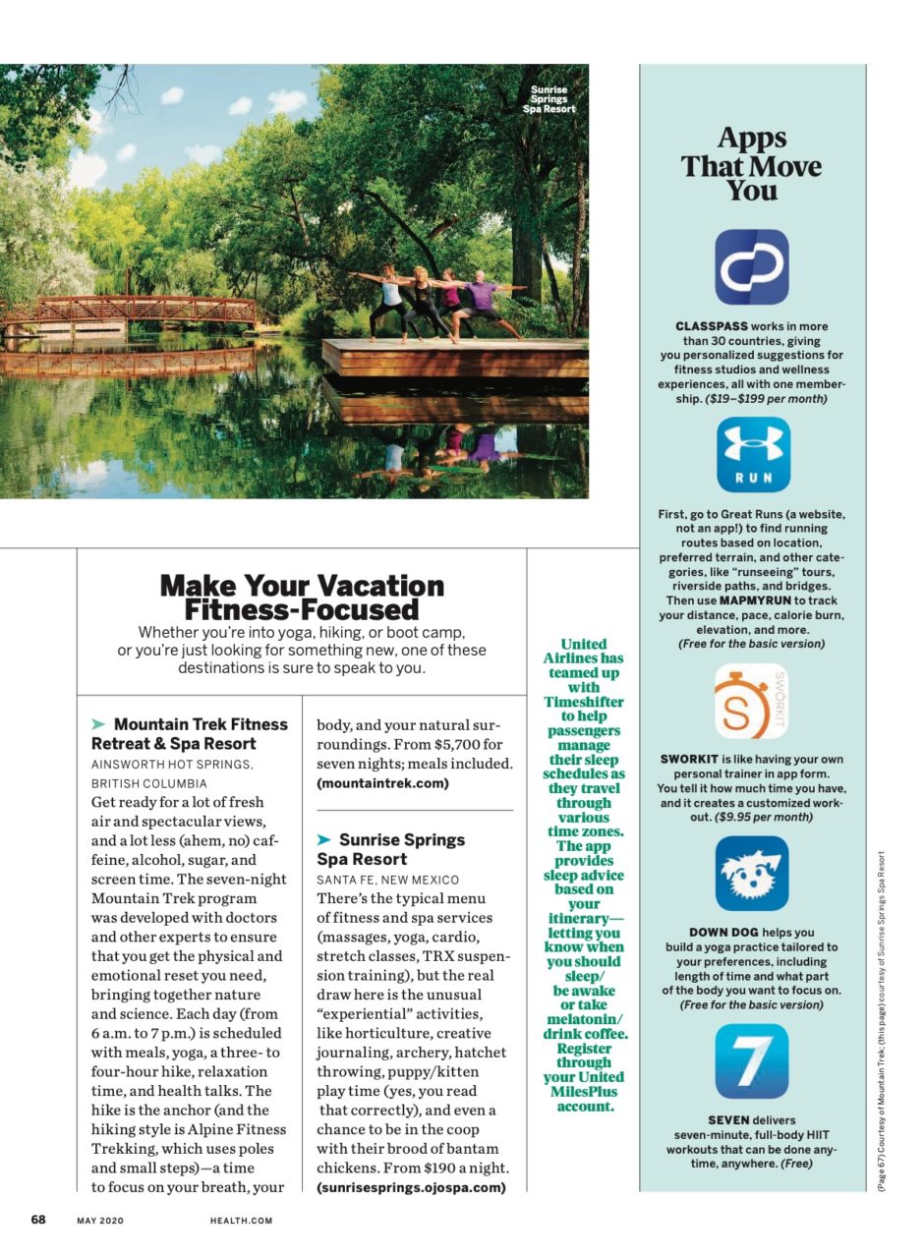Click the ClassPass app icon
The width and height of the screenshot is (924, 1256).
coord(752,267)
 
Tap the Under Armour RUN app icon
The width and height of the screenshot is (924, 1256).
coord(752,454)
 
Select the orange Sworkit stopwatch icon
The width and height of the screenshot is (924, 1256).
coord(751,702)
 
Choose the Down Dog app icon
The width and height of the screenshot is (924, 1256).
coord(752,874)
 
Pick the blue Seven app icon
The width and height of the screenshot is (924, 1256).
coord(752,1061)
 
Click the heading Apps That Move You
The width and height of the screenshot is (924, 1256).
coord(752,164)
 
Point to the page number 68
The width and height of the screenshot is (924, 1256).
coord(38,1220)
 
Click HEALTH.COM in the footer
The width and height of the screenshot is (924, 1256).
coord(241,1221)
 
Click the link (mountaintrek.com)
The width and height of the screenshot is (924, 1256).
coord(382,783)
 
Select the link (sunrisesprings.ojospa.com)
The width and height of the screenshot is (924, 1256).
coord(411,1187)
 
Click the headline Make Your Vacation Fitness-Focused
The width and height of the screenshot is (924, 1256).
coord(302,598)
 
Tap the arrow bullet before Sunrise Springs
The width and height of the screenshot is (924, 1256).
coord(324,840)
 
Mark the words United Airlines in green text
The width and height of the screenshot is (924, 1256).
coord(584,652)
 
